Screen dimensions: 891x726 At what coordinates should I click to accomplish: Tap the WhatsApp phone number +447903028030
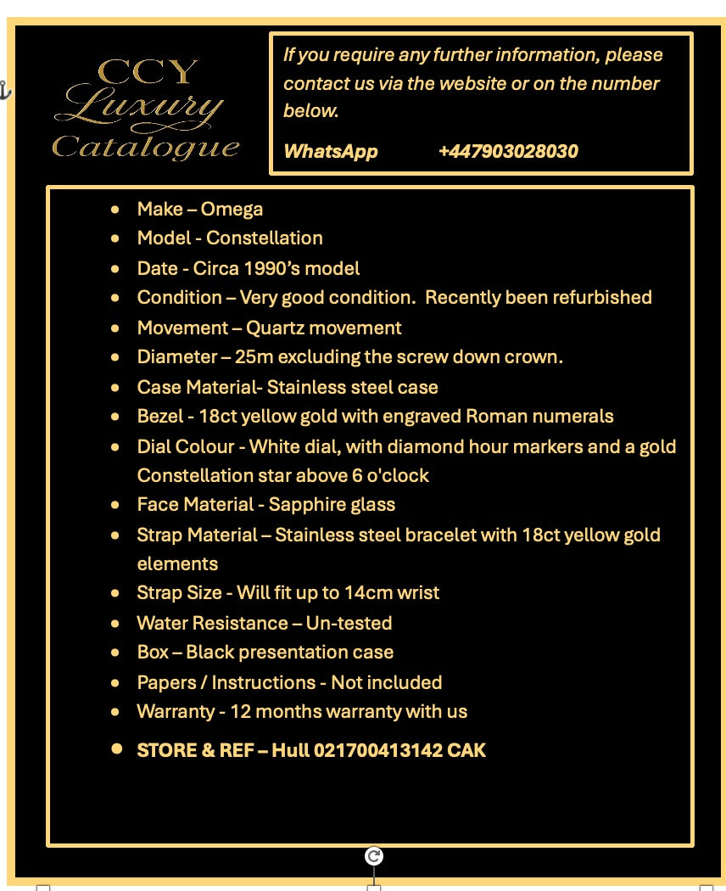coord(508,152)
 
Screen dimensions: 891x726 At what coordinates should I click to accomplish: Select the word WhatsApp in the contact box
coord(330,152)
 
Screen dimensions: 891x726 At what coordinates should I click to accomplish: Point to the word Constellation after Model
coord(264,238)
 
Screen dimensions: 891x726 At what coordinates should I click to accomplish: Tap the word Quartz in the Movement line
coord(273,328)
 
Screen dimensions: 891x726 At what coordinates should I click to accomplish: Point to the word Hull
coord(290,751)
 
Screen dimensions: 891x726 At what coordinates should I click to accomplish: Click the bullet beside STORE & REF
coord(117,749)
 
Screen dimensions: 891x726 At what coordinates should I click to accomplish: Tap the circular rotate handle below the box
coord(374,856)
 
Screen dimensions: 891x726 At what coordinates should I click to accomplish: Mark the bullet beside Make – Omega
coord(115,210)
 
